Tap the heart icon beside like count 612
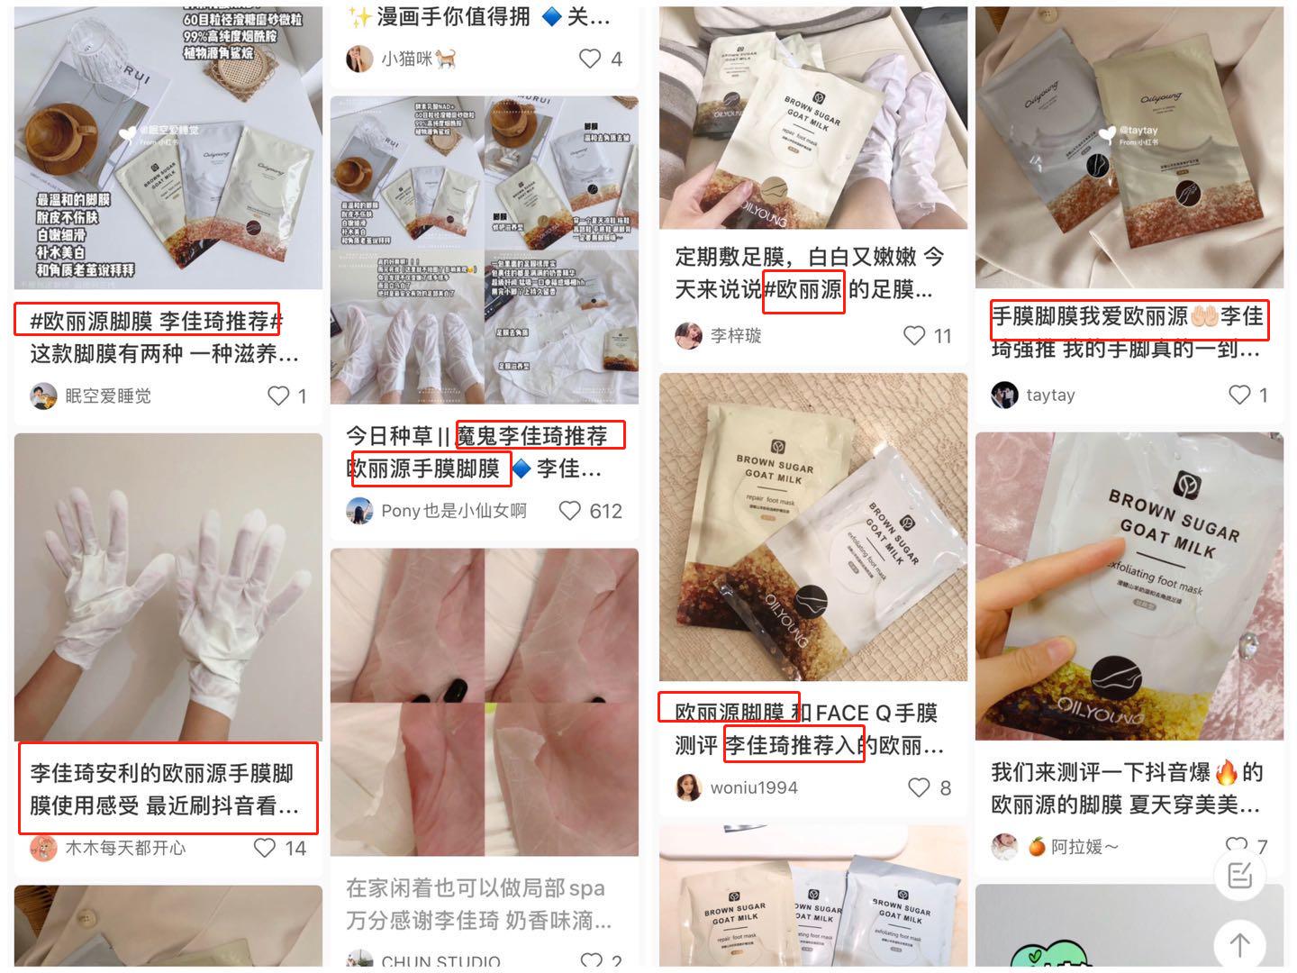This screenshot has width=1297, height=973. [x=570, y=511]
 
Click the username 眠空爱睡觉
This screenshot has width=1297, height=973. [x=108, y=396]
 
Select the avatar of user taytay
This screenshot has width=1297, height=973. [x=1004, y=395]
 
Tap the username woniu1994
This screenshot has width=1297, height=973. [x=753, y=787]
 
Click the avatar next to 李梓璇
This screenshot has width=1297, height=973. [x=689, y=335]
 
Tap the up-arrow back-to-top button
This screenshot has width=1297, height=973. [x=1239, y=944]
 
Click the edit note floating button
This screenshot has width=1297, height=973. [x=1239, y=875]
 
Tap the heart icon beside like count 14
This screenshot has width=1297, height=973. [x=264, y=848]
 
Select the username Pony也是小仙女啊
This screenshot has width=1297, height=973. [x=453, y=511]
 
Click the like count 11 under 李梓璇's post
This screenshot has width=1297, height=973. [x=942, y=336]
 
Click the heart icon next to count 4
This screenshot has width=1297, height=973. [x=590, y=59]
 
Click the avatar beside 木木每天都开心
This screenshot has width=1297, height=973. [x=43, y=848]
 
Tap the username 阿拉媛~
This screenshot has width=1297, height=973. [x=1084, y=847]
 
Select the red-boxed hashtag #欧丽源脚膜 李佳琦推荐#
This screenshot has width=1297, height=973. [x=148, y=320]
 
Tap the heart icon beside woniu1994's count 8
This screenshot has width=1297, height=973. [x=918, y=787]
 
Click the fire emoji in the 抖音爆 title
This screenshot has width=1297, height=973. [x=1226, y=772]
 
